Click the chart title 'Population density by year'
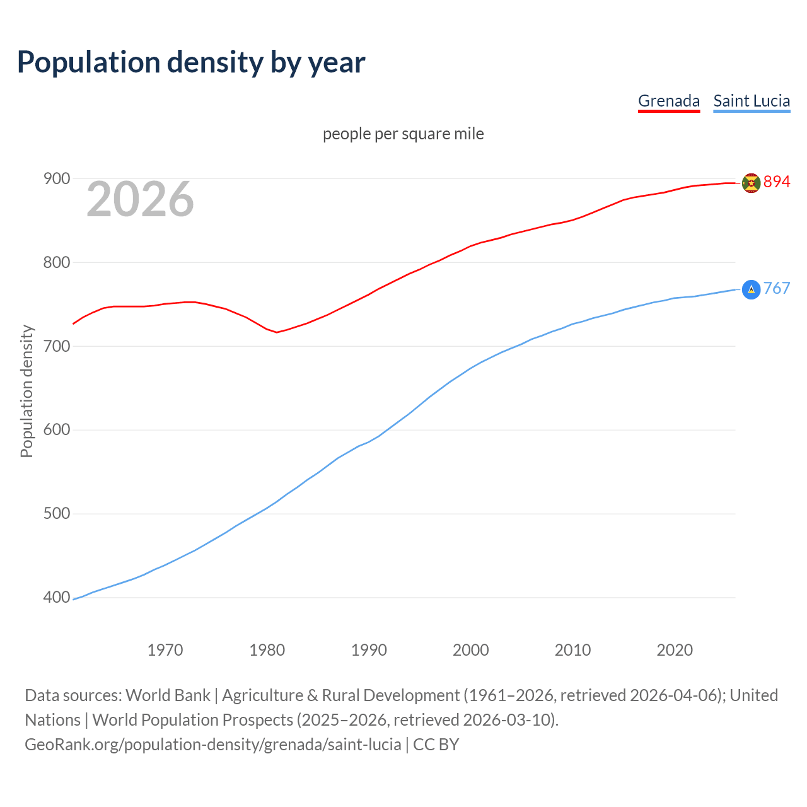191,62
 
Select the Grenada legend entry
668,101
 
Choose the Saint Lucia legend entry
752,101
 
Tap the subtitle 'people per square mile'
403,134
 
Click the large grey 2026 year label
140,199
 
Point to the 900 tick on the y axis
56,179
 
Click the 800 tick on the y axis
56,262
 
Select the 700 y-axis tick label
56,346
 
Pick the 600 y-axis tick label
56,430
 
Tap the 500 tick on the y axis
56,514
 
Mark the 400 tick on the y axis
56,597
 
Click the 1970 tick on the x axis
165,650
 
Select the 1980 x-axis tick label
267,650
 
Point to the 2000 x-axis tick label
471,650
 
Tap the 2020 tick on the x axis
675,650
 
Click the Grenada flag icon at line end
751,183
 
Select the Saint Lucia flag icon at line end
751,289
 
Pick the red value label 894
777,182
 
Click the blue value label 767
777,289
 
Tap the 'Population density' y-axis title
26,391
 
